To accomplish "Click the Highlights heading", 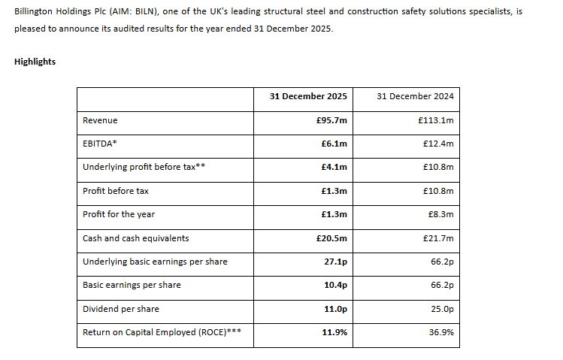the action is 35,62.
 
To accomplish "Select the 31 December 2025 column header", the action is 308,96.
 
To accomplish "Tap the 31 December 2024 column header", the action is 415,96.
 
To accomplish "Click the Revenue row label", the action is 100,120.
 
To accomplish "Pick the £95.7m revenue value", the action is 331,120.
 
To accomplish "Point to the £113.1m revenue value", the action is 435,120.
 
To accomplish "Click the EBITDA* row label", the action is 100,144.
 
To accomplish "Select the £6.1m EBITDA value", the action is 334,144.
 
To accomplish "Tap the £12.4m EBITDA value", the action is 438,144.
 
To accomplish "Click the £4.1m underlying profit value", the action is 334,167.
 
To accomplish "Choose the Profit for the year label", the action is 119,214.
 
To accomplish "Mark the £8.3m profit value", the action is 440,214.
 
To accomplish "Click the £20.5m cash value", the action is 331,238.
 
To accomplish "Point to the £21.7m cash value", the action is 438,238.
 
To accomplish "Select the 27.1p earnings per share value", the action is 335,262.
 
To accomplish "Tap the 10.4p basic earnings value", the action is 335,285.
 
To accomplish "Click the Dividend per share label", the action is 120,309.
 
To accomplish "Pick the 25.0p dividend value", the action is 442,309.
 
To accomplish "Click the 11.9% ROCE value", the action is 334,332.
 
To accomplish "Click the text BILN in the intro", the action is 145,11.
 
